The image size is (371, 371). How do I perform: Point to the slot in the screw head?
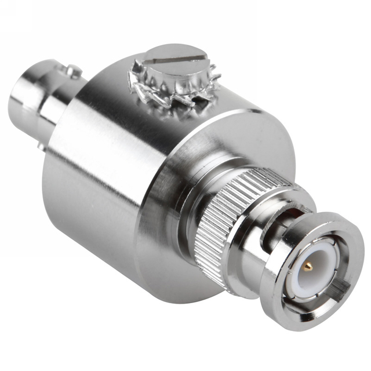click(177, 58)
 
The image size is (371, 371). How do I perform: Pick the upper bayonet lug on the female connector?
click(72, 71)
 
